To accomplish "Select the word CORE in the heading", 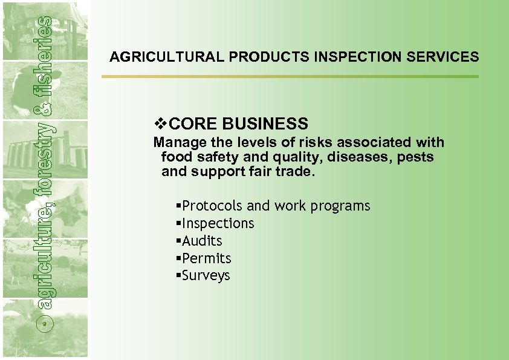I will (193, 124).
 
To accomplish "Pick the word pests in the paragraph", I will (417, 157).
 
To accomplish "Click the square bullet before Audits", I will (178, 241).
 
